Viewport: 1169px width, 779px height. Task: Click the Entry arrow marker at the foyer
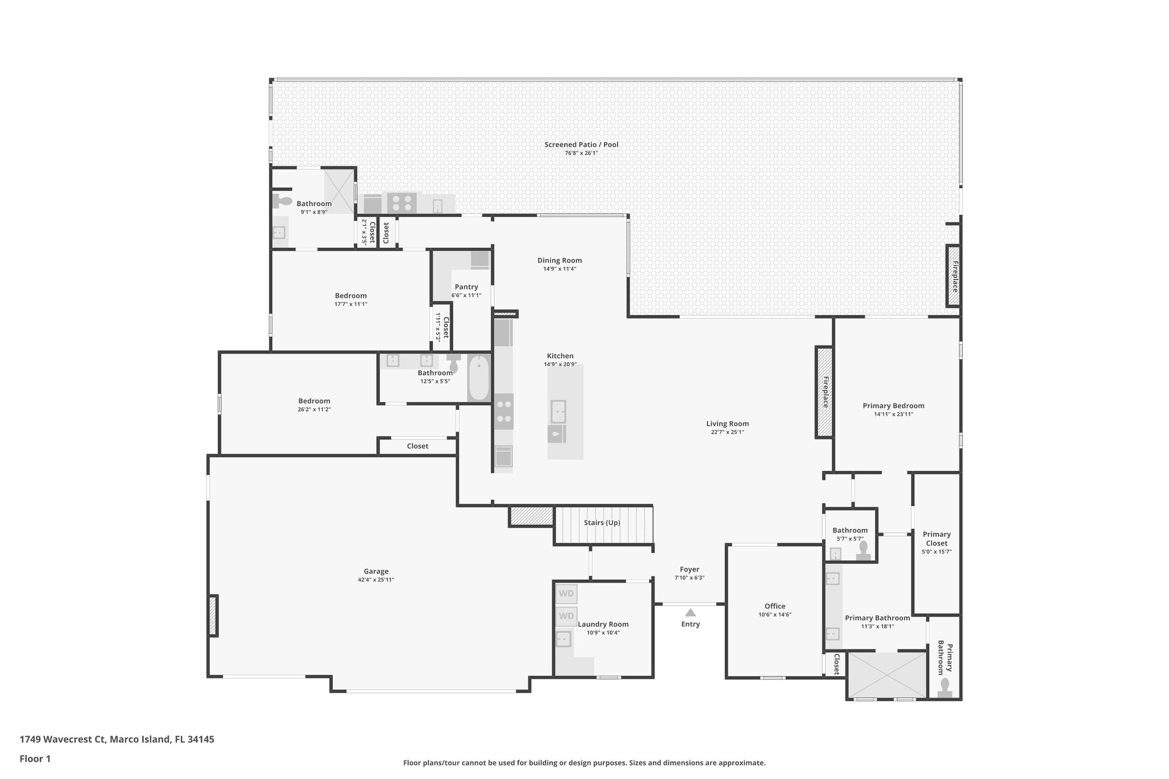[x=690, y=612]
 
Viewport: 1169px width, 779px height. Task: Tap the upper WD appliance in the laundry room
[x=566, y=594]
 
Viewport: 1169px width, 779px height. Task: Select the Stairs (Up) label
[x=602, y=523]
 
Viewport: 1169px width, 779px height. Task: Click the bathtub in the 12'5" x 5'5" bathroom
[x=479, y=378]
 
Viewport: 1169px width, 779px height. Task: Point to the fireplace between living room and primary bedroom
[x=824, y=392]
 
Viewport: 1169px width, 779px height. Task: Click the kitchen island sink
[x=558, y=411]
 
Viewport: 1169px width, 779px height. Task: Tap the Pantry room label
[x=466, y=287]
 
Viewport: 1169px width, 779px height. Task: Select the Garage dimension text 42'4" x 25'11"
[x=376, y=580]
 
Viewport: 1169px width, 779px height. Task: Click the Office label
[x=775, y=606]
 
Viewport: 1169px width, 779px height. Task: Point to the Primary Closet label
[x=937, y=539]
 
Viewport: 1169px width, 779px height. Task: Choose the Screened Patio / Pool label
[x=581, y=145]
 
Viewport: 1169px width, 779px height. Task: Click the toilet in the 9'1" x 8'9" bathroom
[x=282, y=201]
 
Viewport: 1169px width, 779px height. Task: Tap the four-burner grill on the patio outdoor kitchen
[x=401, y=203]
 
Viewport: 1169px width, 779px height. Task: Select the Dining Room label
[x=559, y=260]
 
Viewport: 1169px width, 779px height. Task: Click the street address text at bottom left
[x=117, y=739]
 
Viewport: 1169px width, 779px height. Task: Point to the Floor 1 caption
[x=35, y=758]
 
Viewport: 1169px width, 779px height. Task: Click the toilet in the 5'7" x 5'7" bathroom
[x=863, y=550]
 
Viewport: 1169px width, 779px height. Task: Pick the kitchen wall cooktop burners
[x=503, y=411]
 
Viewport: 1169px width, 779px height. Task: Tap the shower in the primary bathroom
[x=886, y=675]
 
